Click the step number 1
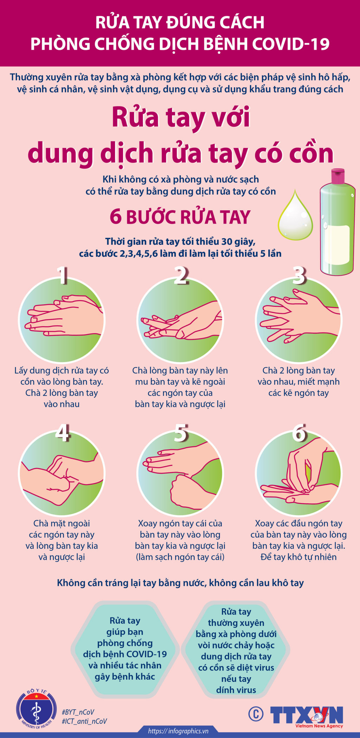[62, 275]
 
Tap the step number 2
[181, 275]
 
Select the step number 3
[299, 275]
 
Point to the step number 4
[62, 432]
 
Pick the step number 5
[181, 432]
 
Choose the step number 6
[299, 432]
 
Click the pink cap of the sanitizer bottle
[338, 176]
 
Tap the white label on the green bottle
[337, 245]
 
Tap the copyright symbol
[256, 713]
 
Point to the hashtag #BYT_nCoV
[78, 712]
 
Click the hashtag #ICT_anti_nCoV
[84, 721]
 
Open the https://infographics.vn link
[178, 731]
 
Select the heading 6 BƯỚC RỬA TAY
[180, 217]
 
